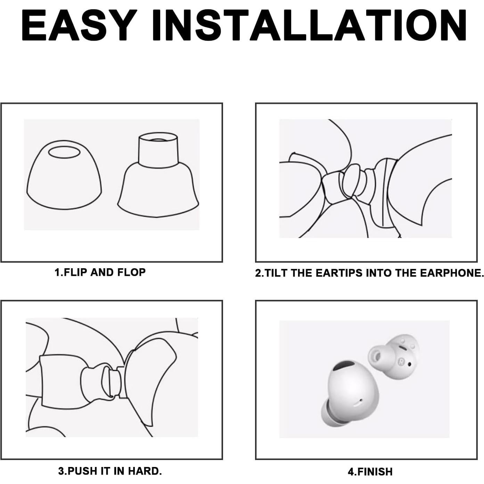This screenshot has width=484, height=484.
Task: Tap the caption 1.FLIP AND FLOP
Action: pyautogui.click(x=100, y=272)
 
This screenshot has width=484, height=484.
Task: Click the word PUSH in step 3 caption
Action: pyautogui.click(x=83, y=471)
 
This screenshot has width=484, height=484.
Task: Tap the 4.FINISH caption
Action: pyautogui.click(x=370, y=471)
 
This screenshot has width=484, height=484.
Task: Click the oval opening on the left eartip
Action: pyautogui.click(x=64, y=152)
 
